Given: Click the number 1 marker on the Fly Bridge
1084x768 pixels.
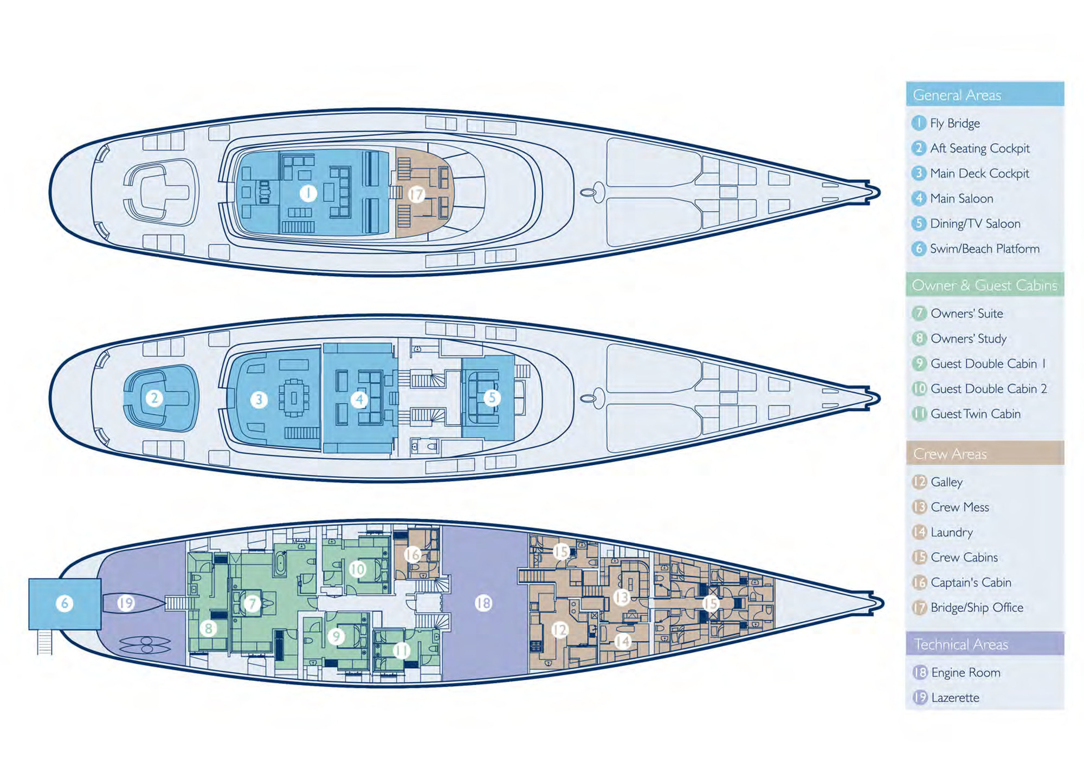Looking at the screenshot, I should tap(308, 193).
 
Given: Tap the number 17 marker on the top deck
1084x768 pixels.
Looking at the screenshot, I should tap(416, 194).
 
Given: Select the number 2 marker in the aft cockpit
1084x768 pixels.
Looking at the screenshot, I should tap(154, 399).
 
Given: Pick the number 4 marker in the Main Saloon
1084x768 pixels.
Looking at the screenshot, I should tap(359, 400).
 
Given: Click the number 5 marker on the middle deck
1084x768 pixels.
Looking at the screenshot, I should tap(492, 398).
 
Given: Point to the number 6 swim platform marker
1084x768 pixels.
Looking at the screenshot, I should tap(64, 603).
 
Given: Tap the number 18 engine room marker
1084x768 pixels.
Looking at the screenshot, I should tap(483, 603).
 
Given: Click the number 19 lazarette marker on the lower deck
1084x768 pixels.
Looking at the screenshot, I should tap(126, 603).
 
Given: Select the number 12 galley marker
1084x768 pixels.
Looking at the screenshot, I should tap(559, 630).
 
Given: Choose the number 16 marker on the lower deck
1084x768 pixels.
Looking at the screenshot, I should tap(412, 554).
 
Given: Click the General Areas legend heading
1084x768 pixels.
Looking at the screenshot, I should tap(957, 95).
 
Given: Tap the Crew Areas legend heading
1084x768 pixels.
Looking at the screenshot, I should tap(950, 454).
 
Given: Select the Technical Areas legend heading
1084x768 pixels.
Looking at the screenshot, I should tap(960, 645).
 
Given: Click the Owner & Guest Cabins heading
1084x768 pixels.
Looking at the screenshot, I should tap(984, 285).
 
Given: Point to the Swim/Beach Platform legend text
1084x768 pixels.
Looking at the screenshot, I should tap(984, 249).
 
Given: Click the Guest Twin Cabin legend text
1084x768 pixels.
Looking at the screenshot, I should tap(975, 414).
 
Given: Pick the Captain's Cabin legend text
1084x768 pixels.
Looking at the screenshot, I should tap(971, 583).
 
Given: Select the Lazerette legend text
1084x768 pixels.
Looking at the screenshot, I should tap(955, 698).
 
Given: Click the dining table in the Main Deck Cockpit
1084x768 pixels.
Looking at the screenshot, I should tap(294, 398).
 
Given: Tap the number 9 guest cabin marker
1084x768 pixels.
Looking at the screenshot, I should tap(336, 636).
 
